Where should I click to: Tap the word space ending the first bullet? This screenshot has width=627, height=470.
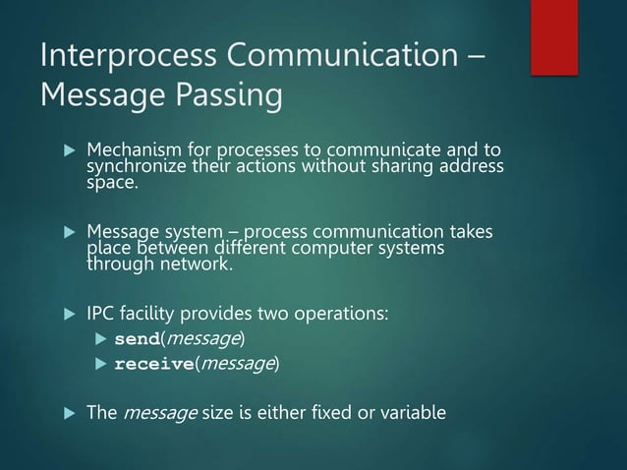pos(111,183)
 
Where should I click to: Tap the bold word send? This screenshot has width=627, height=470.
pos(137,339)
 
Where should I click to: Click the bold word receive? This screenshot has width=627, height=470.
pos(152,365)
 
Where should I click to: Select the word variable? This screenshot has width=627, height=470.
pos(412,412)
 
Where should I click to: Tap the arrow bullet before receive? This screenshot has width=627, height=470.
pos(99,365)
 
